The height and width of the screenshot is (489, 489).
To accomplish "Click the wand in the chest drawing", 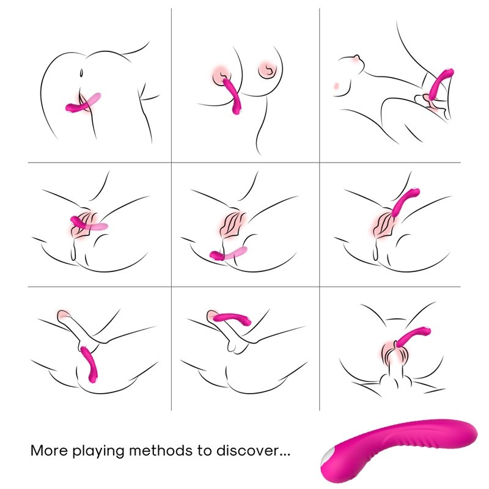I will (x=232, y=95).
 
